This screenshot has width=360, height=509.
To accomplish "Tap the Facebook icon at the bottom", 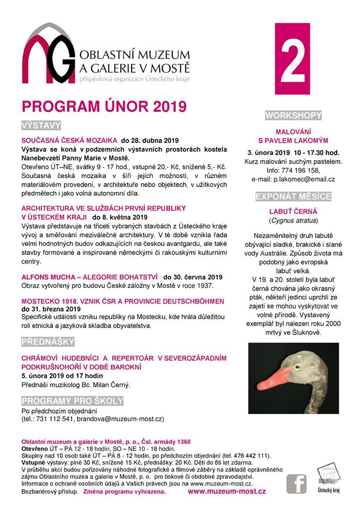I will (296, 484).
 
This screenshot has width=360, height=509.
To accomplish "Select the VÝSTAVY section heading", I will (41, 126).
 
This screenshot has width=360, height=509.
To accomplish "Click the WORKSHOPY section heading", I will (293, 116).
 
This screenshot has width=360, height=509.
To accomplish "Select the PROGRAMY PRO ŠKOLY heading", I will (72, 400).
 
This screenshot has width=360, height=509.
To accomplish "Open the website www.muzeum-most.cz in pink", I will (227, 492).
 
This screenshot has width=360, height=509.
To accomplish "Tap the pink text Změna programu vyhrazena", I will (124, 492).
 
